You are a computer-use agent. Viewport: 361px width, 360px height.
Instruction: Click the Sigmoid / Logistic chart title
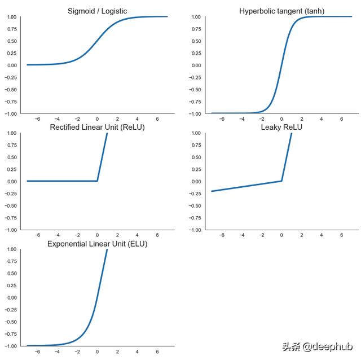coord(97,11)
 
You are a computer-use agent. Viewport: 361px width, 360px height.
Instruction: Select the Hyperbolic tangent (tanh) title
coord(281,11)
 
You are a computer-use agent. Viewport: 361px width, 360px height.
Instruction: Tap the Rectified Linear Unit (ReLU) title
coord(97,127)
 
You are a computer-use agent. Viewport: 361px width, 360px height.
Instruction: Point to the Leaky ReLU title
coord(281,127)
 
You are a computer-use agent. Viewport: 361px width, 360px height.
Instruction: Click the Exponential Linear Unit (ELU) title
coord(97,244)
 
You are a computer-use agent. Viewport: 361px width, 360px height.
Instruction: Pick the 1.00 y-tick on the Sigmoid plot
coord(11,17)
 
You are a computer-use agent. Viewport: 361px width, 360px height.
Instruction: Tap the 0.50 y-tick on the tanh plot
coord(195,41)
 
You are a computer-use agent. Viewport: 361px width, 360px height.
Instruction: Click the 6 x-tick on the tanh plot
coord(342,120)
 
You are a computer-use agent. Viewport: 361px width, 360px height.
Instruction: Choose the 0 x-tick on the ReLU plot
coord(97,236)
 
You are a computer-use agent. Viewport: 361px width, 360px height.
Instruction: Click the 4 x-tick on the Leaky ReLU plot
coord(322,236)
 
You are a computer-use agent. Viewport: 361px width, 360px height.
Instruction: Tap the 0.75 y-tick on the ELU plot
coord(11,261)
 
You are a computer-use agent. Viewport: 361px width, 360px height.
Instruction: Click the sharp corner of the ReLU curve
coord(98,181)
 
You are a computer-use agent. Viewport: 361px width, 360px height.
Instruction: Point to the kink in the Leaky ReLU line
coord(281,181)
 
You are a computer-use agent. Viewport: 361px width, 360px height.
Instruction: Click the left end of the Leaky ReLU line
coord(212,191)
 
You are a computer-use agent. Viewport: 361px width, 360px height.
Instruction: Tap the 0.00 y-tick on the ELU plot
coord(11,297)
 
